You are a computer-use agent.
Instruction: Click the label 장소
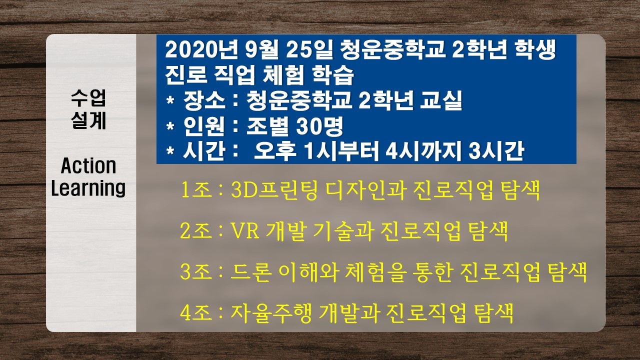(204, 100)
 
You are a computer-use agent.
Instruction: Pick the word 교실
(441, 100)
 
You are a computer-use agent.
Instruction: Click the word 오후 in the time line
(275, 151)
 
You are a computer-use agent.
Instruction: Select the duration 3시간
(496, 151)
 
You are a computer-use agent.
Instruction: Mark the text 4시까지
(423, 151)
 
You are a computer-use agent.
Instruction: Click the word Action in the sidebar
(88, 165)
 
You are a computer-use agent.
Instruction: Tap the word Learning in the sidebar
(88, 188)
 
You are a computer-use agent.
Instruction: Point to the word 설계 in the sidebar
(88, 120)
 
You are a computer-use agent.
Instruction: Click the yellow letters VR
(245, 231)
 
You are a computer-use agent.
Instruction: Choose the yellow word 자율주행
(270, 313)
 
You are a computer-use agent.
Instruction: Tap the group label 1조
(196, 190)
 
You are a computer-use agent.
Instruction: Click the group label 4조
(196, 313)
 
